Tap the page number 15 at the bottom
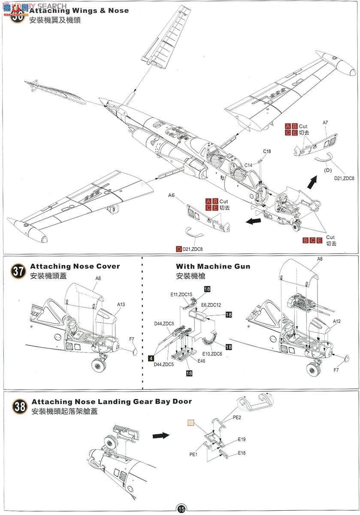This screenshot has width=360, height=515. (x=181, y=509)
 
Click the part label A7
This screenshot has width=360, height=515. (x=325, y=123)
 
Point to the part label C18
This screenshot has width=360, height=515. (x=267, y=151)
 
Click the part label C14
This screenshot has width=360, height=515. (x=248, y=165)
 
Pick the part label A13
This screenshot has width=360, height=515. (x=121, y=304)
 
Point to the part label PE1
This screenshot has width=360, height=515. (x=193, y=454)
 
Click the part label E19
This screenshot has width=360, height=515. (x=242, y=440)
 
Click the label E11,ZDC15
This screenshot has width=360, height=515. (x=181, y=294)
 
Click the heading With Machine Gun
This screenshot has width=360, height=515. (x=213, y=267)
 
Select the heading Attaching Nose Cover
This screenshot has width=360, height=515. (x=75, y=267)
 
